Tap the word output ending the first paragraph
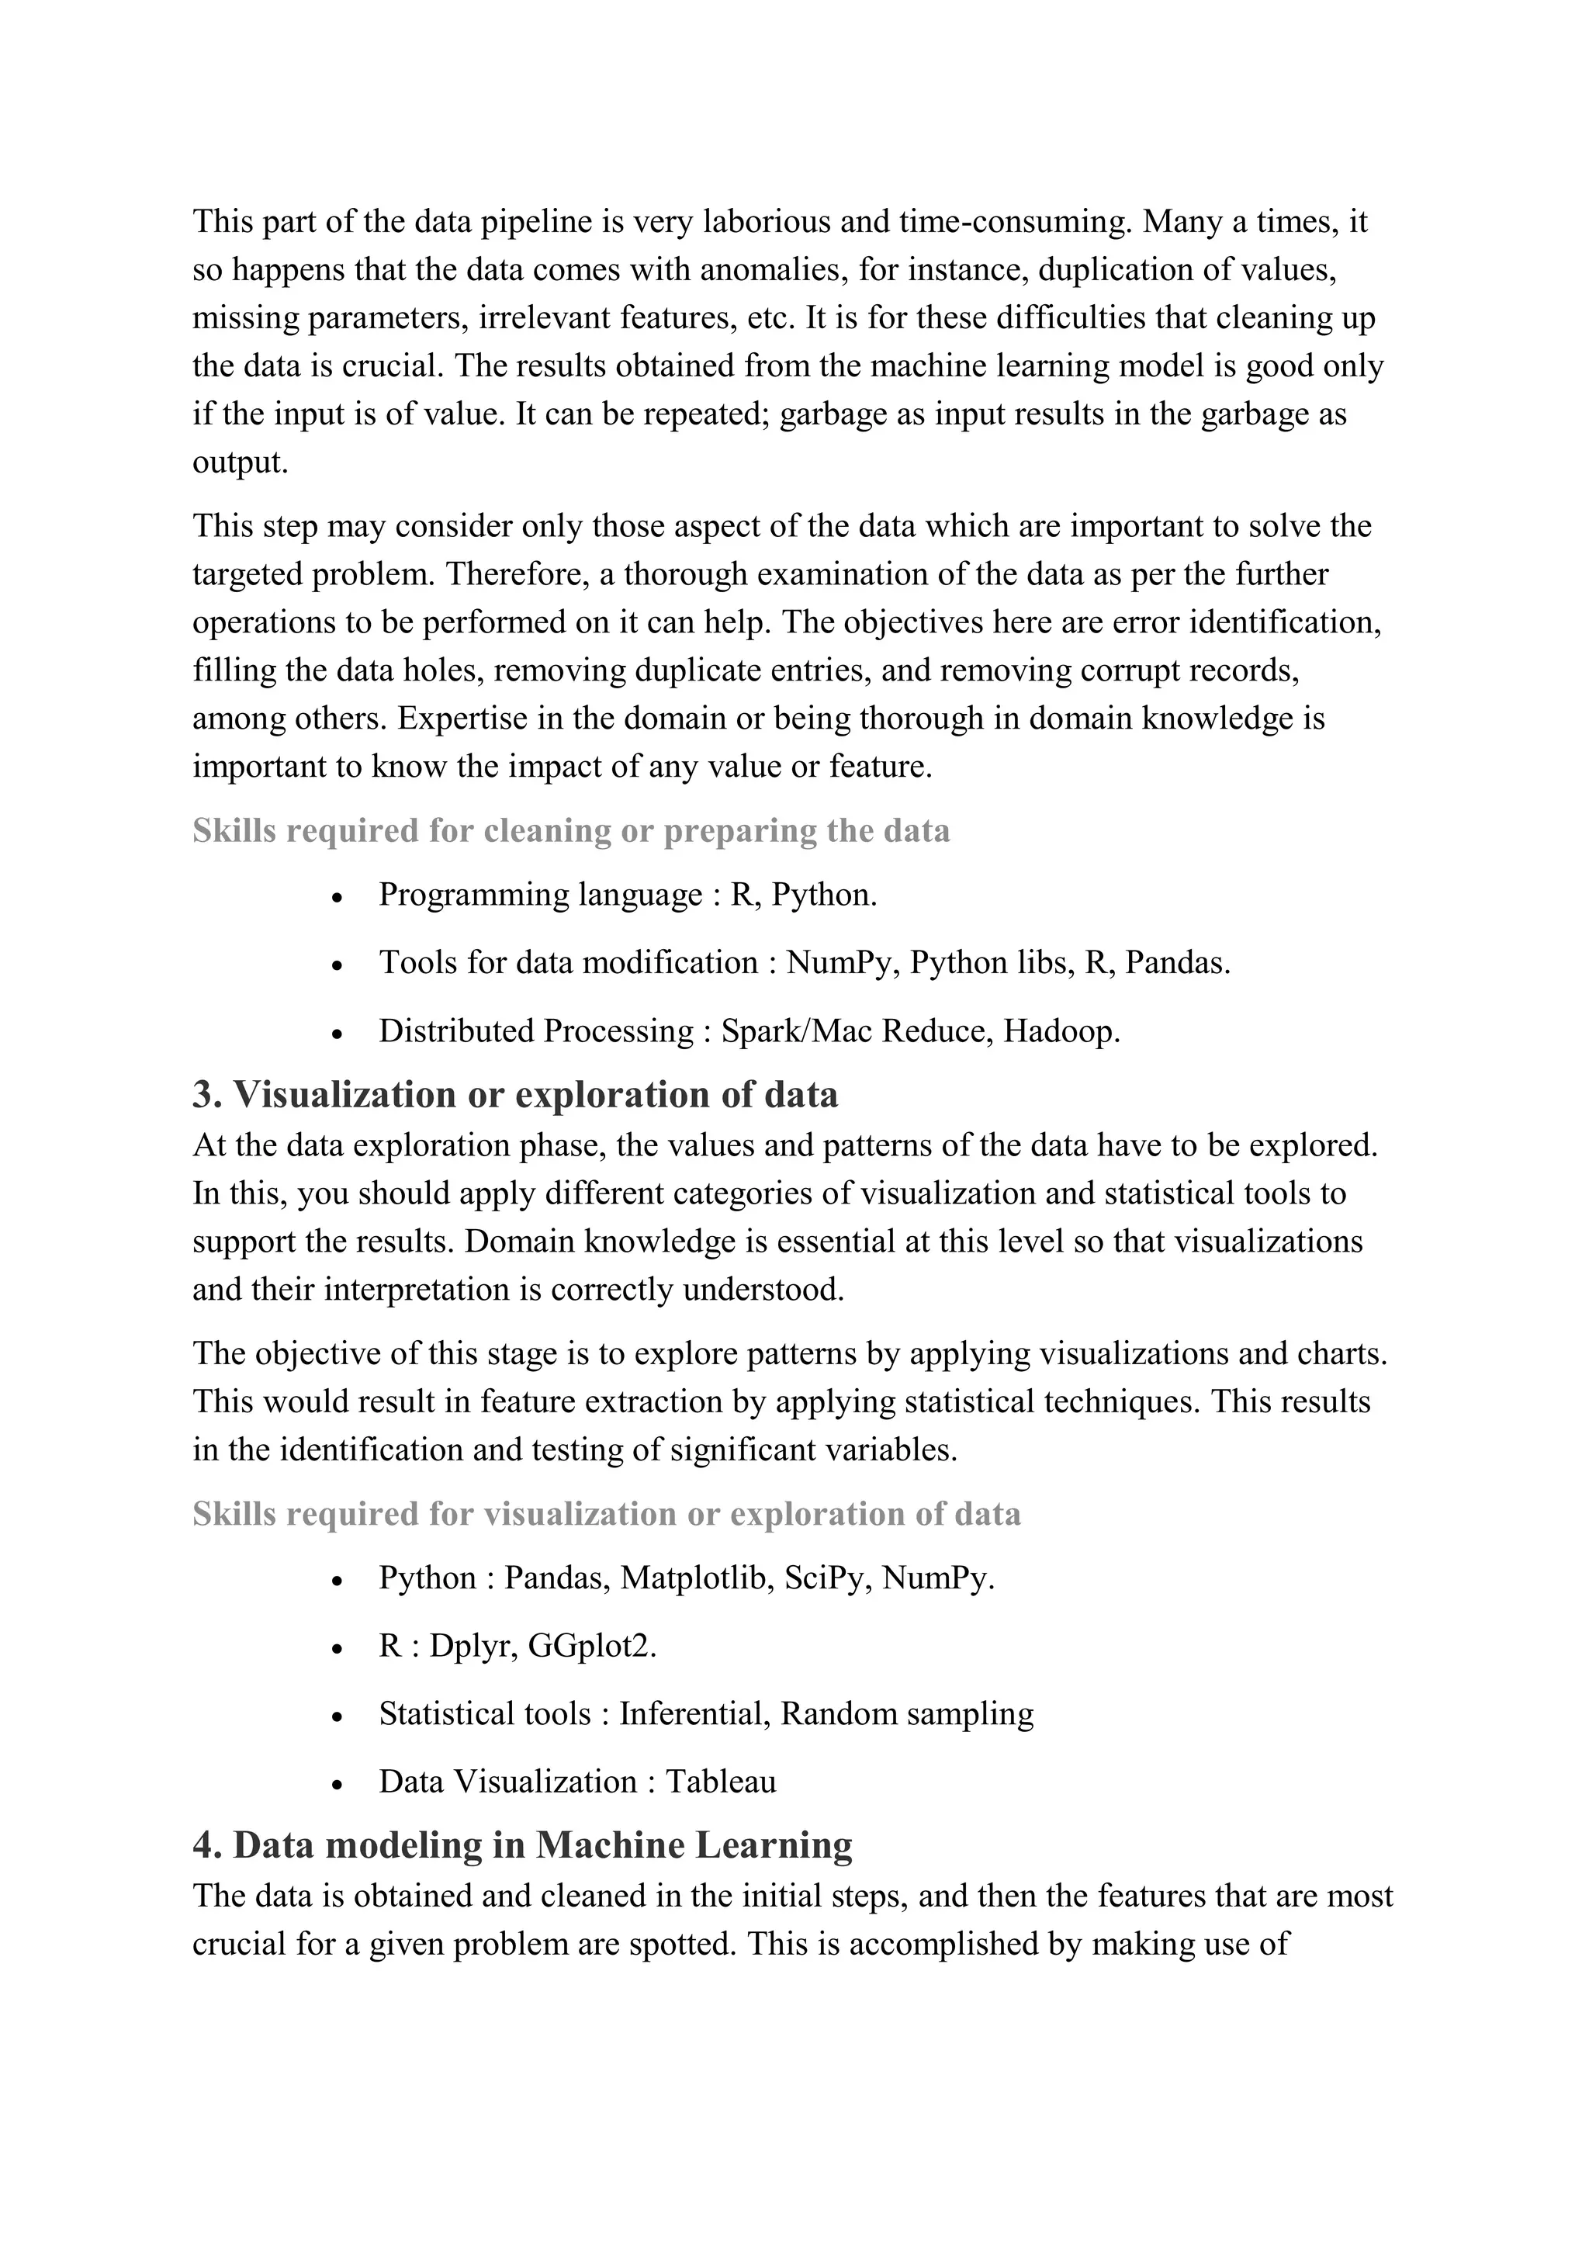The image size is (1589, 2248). click(x=239, y=462)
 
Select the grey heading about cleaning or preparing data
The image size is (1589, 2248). click(x=571, y=830)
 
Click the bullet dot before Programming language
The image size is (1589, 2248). click(x=337, y=898)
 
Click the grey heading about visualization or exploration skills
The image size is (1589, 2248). click(x=606, y=1514)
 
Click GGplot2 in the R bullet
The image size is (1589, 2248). click(x=591, y=1646)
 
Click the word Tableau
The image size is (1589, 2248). click(x=721, y=1781)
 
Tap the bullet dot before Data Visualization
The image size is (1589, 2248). click(x=337, y=1785)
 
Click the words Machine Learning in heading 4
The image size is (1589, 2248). click(x=694, y=1844)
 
